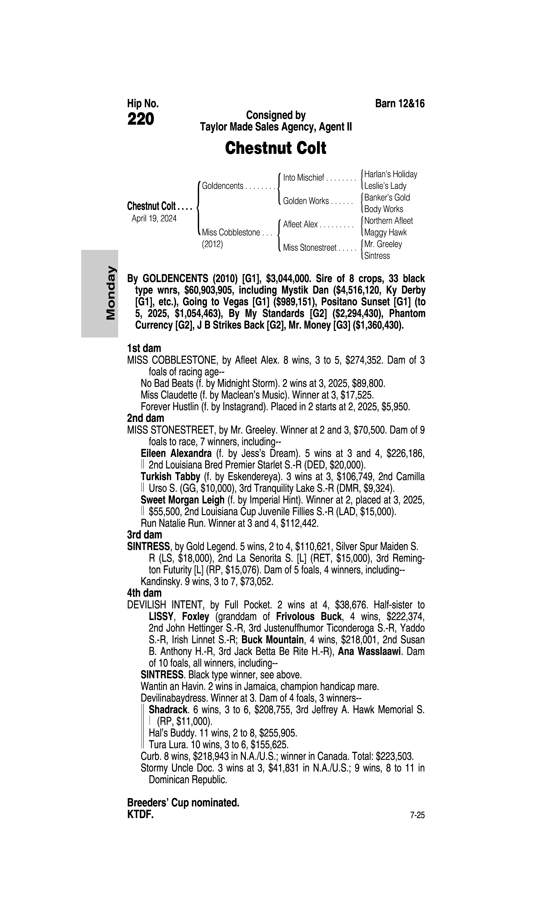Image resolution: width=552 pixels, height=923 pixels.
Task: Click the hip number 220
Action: pos(141,119)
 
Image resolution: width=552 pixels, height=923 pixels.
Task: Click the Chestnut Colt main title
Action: pos(276,148)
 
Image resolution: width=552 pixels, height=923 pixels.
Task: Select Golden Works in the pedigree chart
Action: pos(306,201)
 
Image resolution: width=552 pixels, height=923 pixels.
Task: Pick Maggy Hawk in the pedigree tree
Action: pos(385,232)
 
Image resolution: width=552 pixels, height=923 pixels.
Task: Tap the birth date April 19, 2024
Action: pos(154,218)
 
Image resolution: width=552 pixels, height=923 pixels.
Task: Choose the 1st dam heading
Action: pos(144,348)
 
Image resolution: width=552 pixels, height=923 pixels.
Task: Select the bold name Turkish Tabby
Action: pos(170,477)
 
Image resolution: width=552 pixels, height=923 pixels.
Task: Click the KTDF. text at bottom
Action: pos(140,815)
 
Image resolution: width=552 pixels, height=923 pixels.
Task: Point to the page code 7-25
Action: pos(417,816)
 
